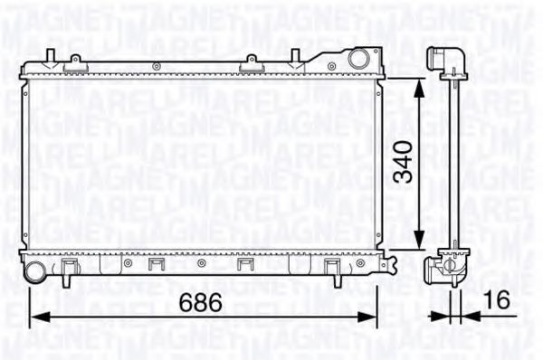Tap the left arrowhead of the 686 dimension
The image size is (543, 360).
[x=37, y=317]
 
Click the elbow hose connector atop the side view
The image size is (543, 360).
[x=449, y=60]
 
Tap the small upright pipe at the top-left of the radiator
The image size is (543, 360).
[x=48, y=57]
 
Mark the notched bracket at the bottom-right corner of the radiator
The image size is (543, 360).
[x=388, y=264]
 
